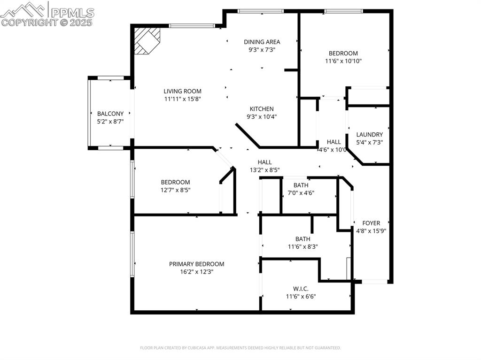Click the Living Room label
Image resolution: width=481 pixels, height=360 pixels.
[x=183, y=91]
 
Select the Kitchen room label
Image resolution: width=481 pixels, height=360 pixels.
[x=262, y=109]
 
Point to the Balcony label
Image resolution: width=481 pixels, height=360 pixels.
[x=110, y=114]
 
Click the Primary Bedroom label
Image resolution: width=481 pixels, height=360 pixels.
[x=196, y=264]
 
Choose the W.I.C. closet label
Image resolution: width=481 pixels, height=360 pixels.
[x=301, y=289]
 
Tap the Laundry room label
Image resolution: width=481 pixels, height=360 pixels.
[x=369, y=134]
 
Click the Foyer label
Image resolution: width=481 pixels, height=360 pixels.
[x=371, y=223]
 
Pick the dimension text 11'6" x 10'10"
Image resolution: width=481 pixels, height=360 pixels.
[x=343, y=61]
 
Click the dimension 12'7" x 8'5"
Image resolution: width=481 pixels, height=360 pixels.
[x=175, y=190]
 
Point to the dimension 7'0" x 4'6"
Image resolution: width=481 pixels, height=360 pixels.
[x=301, y=193]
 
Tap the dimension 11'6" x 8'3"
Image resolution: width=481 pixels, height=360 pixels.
[x=303, y=247]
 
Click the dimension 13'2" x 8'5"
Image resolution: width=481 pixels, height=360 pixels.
[x=264, y=170]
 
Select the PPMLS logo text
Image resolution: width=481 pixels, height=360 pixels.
[x=72, y=12]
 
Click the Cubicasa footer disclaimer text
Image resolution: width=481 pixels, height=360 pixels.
[x=240, y=348]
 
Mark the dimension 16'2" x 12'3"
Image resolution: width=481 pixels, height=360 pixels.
[x=196, y=272]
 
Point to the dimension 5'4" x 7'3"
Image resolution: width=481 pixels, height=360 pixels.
[x=369, y=142]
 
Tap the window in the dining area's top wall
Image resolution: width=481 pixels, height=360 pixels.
[x=261, y=11]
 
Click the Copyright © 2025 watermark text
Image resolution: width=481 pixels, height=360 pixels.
[x=47, y=22]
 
